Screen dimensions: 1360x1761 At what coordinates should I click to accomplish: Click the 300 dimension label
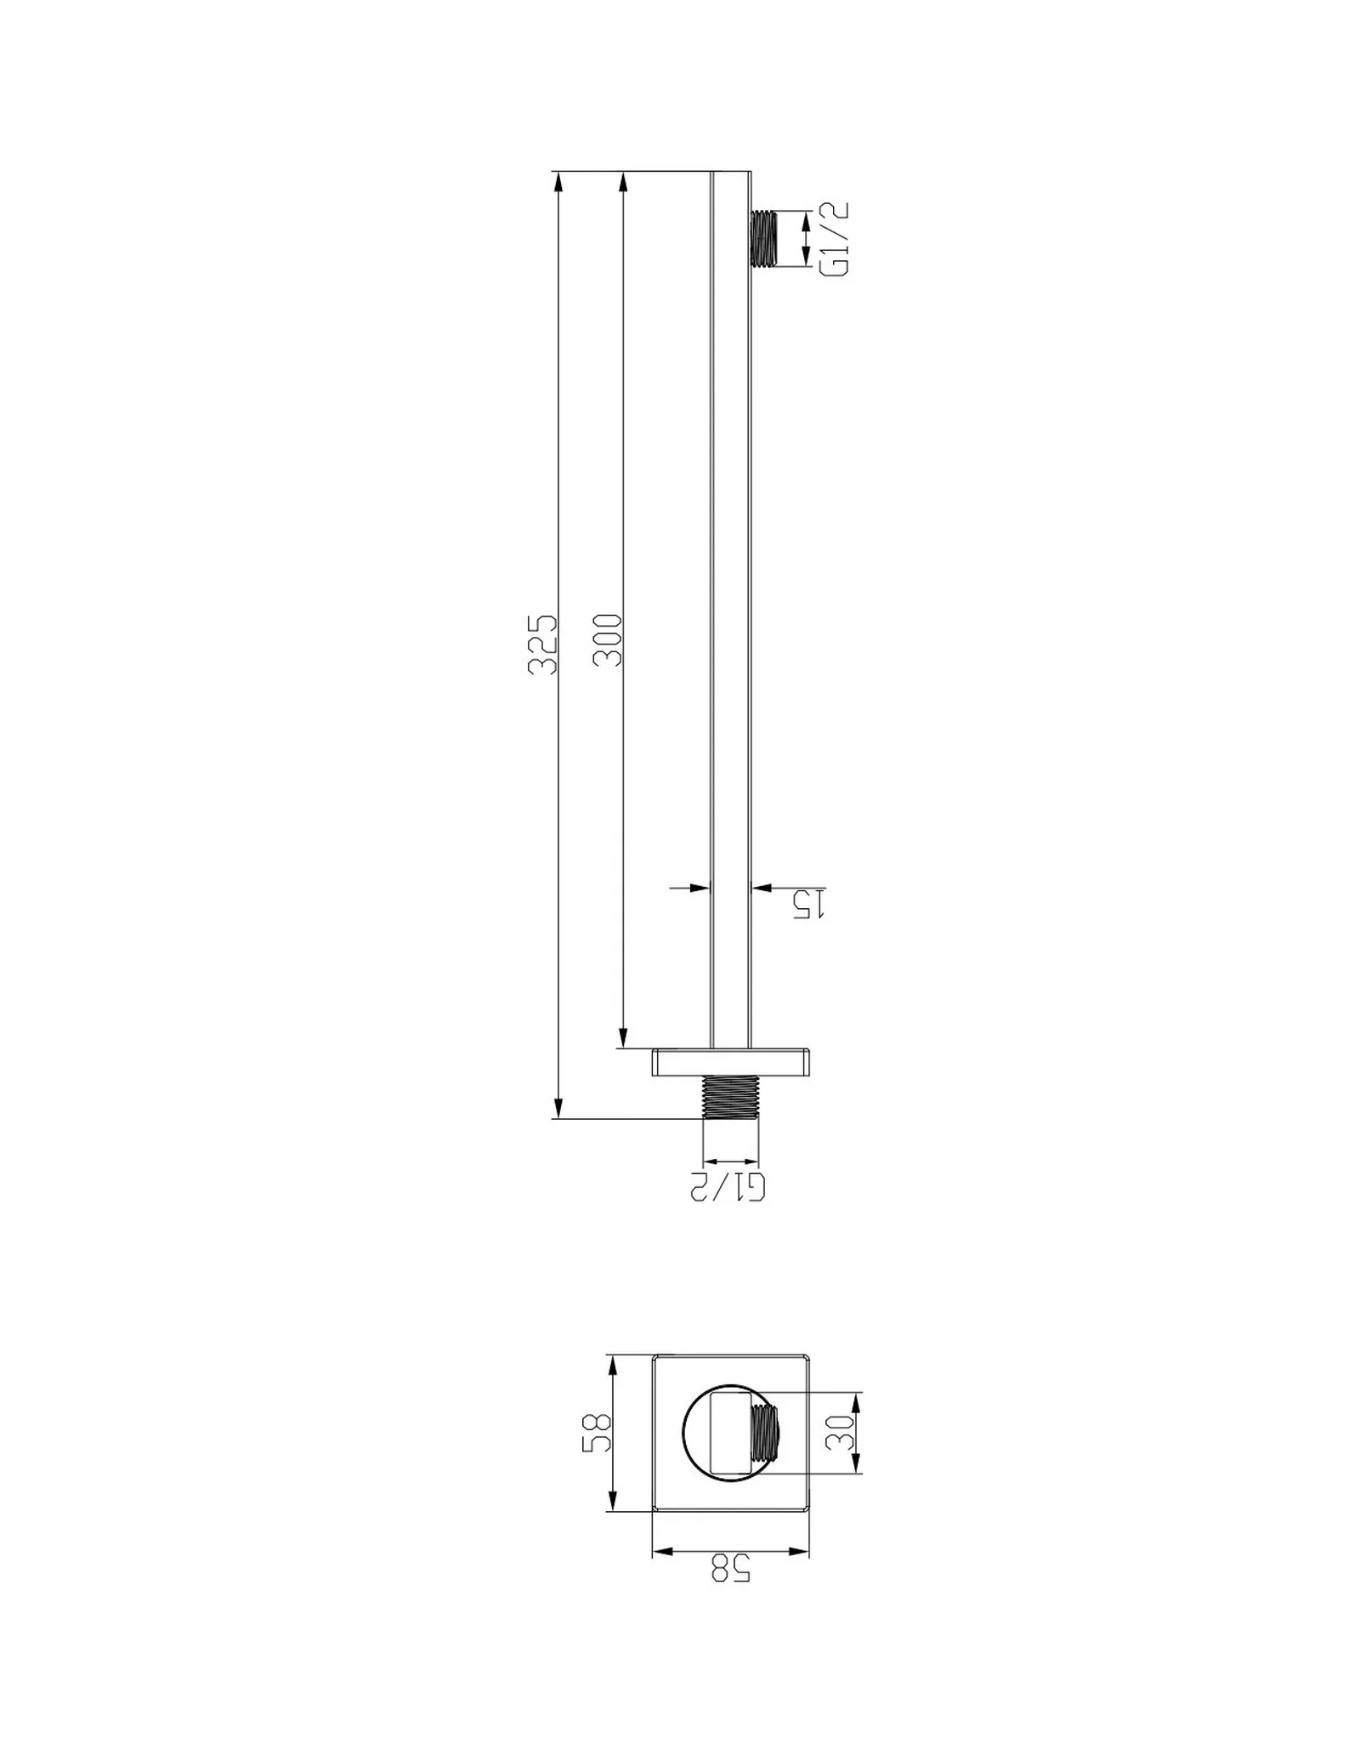(x=609, y=639)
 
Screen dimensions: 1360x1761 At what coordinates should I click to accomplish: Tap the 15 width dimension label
(x=808, y=904)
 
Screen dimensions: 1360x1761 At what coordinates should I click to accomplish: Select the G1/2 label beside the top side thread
(x=835, y=239)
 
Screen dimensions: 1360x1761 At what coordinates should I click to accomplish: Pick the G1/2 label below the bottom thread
(x=729, y=1186)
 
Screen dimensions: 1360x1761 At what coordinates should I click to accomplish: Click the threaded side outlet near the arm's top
(x=763, y=239)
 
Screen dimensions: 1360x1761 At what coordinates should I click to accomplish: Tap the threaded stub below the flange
(x=730, y=1097)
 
